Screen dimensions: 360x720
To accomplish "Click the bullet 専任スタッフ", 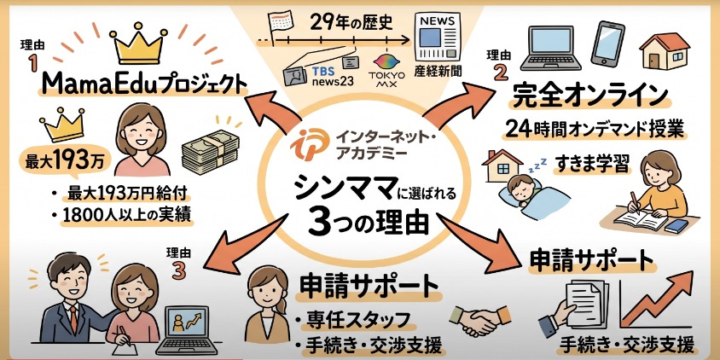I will coord(358,322).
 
